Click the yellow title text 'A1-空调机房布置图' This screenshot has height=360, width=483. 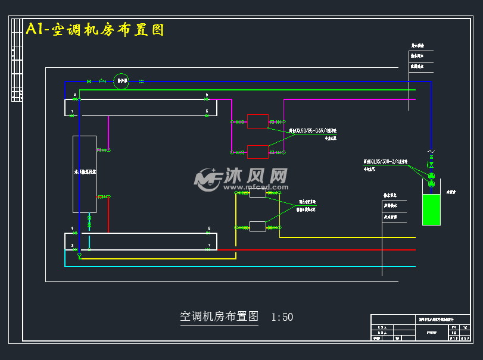95,29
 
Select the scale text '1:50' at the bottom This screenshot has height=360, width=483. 282,317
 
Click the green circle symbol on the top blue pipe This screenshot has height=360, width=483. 121,81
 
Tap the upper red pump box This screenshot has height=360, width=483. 257,121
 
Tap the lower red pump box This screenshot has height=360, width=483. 257,152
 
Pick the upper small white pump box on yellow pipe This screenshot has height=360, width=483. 257,193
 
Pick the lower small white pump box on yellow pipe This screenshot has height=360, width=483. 257,226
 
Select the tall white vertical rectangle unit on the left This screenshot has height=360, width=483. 84,174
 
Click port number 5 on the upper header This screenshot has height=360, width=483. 207,111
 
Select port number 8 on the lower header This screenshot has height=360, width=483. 209,228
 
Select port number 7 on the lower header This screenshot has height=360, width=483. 209,245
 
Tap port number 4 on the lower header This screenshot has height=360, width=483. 72,228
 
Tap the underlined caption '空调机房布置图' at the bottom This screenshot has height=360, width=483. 219,317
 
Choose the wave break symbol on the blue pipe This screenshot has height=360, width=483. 431,152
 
